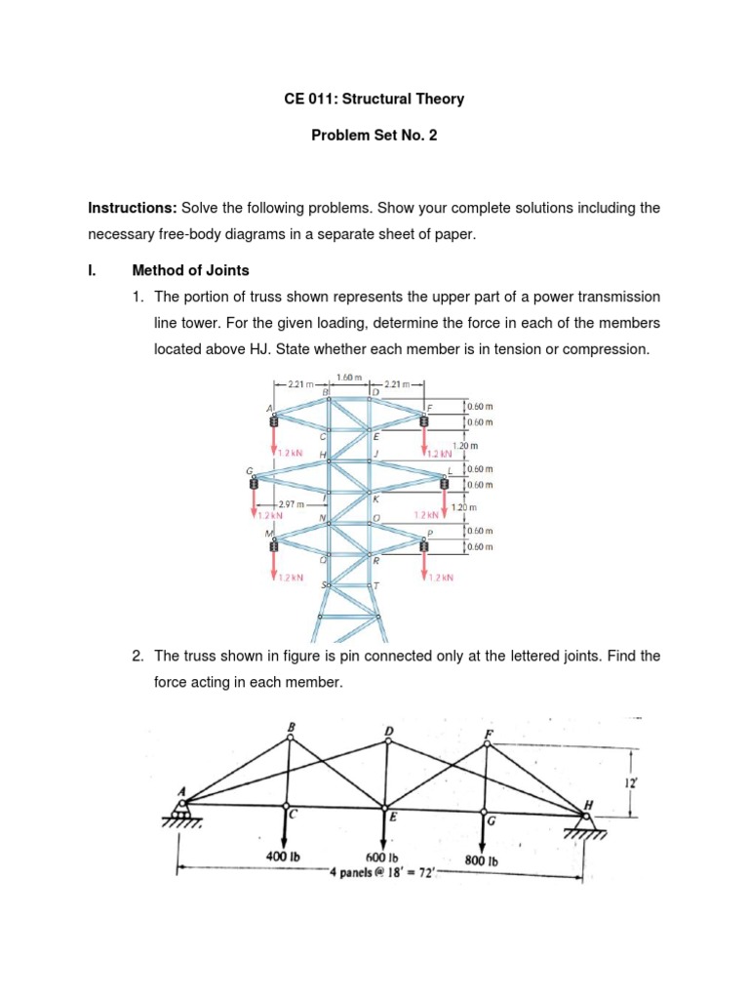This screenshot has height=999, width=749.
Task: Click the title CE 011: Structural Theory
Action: [x=374, y=99]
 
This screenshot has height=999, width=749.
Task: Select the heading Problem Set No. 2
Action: [x=374, y=136]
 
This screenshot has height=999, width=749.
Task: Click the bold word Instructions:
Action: [x=131, y=208]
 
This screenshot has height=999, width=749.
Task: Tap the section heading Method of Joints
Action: [x=190, y=270]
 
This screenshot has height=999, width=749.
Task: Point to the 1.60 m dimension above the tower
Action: [x=348, y=378]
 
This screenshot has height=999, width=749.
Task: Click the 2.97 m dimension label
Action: [x=291, y=505]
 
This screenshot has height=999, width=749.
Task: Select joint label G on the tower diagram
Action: [x=250, y=470]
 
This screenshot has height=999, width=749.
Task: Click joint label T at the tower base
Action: [x=375, y=584]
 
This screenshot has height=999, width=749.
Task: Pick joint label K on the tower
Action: [x=375, y=499]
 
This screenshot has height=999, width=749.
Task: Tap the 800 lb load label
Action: [x=482, y=861]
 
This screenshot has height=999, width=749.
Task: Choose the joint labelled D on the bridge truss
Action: [x=388, y=733]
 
